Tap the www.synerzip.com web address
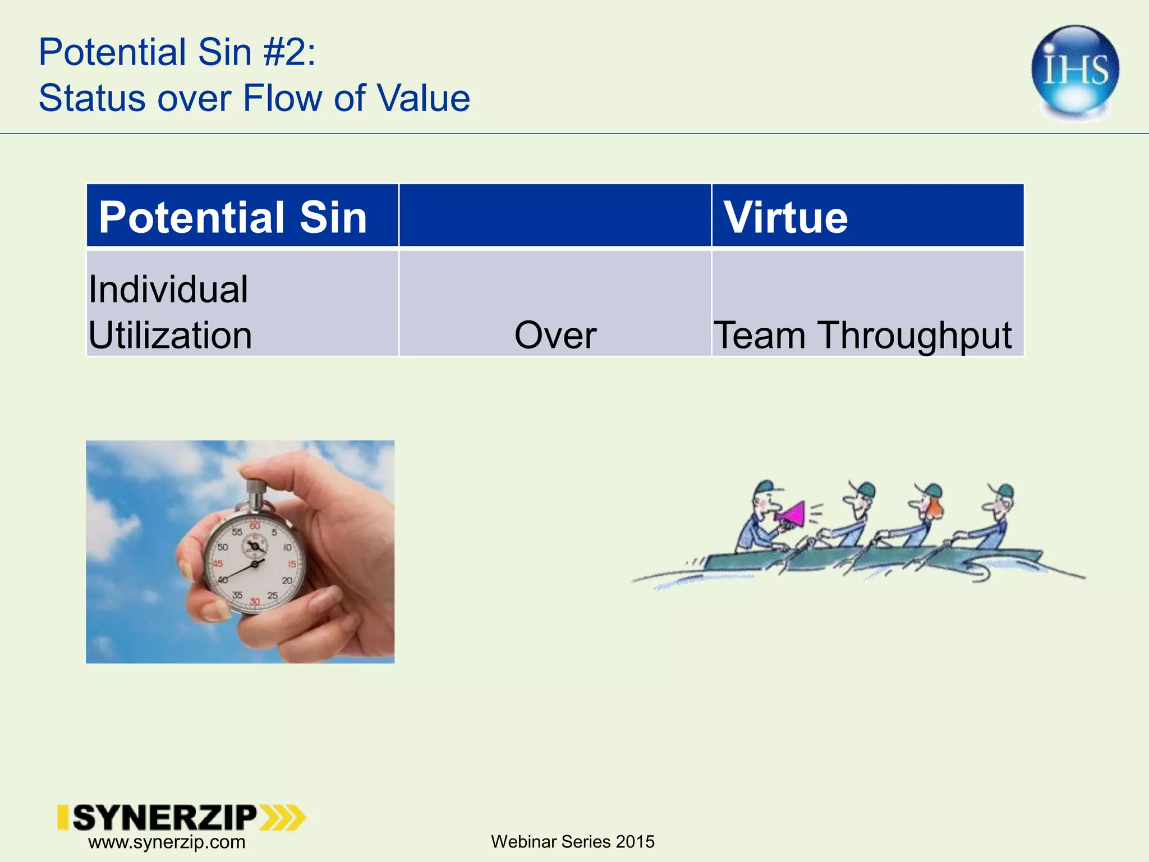pos(167,842)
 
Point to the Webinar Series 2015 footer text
pos(572,842)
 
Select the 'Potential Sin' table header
pos(232,217)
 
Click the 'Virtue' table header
pos(785,217)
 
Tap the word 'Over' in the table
pos(555,336)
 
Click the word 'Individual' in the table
pos(168,290)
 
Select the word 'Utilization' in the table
pos(170,336)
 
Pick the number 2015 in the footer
pos(635,842)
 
